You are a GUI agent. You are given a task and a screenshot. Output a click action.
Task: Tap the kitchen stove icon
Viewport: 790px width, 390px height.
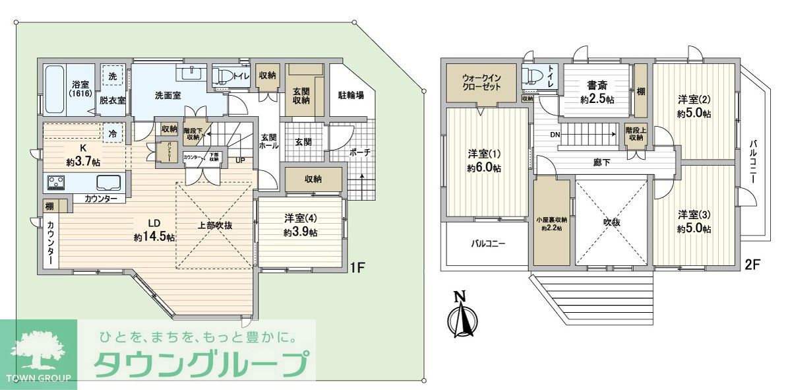[x=55, y=181]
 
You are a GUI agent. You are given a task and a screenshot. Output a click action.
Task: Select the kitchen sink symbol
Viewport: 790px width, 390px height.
[x=109, y=182]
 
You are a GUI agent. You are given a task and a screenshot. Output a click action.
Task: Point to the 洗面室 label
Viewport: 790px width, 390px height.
[x=167, y=95]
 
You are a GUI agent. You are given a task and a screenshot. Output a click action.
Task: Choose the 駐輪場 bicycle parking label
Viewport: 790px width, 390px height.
[x=351, y=95]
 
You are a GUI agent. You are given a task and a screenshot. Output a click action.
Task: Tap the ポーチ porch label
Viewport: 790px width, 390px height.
[x=359, y=152]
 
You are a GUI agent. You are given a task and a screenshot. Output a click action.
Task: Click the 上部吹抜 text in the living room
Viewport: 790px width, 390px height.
[x=215, y=225]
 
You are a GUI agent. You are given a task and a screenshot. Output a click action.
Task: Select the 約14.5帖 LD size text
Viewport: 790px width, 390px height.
[x=154, y=237]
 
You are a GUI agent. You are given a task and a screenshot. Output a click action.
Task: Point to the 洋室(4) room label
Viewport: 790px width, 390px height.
[x=301, y=217]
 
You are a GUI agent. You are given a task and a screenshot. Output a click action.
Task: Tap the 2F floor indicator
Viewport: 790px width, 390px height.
[x=752, y=265]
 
